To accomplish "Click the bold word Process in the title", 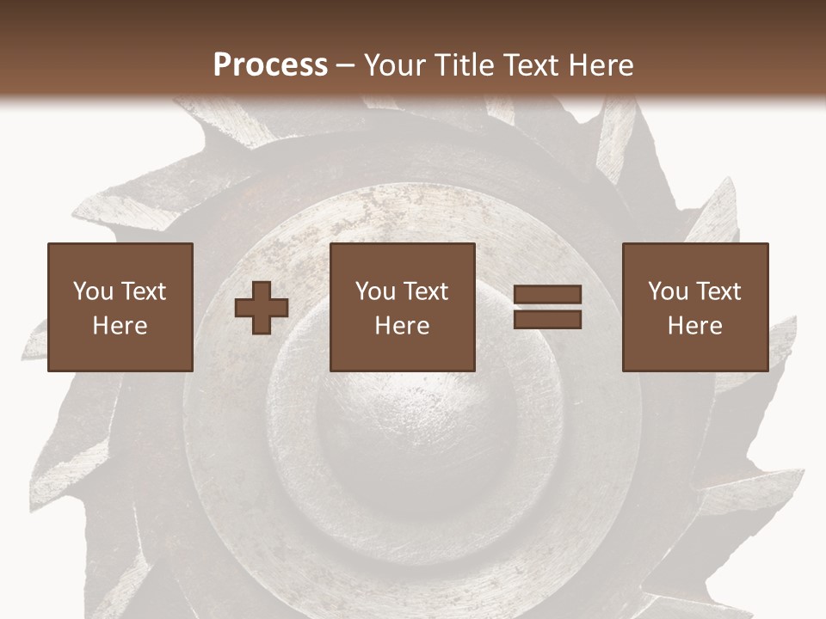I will (270, 65).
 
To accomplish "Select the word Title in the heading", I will (462, 65).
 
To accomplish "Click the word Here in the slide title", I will (603, 65).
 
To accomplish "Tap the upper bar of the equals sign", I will (547, 295).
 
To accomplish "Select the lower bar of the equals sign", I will (547, 320).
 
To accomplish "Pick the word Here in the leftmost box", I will (120, 326).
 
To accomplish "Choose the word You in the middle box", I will (376, 291).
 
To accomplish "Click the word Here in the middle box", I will (402, 326).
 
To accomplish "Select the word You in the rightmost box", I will (669, 291).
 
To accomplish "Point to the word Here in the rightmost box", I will (694, 326).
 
